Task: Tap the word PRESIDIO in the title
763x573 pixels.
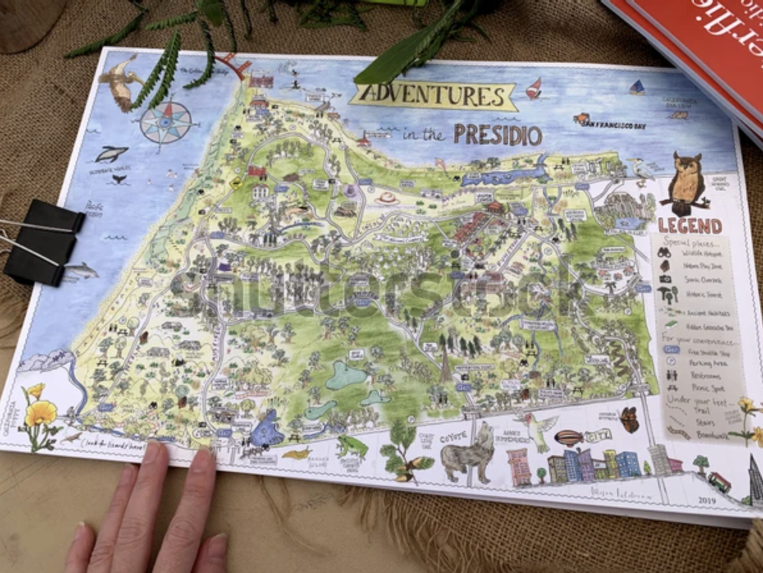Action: [x=498, y=135]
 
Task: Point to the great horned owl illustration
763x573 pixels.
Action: [x=686, y=182]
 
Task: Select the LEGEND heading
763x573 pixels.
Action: [x=689, y=226]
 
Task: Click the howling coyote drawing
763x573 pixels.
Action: [x=469, y=450]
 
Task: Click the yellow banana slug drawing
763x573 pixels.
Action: [x=296, y=453]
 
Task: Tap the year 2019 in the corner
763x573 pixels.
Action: [x=707, y=500]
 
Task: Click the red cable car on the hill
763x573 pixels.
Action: [x=719, y=482]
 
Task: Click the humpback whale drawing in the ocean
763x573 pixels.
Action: [x=111, y=153]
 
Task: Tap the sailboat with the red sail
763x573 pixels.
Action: [x=534, y=88]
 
